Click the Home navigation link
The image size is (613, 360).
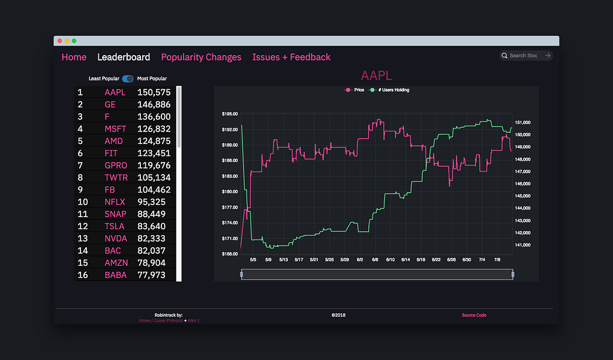(74, 57)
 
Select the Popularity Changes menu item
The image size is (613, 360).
(201, 57)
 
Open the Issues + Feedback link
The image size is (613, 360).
(291, 57)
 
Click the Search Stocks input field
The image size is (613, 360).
(524, 56)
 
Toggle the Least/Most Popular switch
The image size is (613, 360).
(128, 79)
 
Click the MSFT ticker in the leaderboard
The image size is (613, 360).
(115, 129)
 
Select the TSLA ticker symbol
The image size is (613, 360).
(115, 226)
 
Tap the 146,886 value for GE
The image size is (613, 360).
(154, 104)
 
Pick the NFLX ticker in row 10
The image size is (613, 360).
(115, 202)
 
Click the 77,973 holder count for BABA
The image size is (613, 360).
(154, 275)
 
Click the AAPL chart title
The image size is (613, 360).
(376, 76)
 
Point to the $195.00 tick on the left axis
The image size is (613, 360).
(230, 113)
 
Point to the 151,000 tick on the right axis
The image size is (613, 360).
(523, 122)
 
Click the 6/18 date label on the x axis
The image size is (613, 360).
(421, 260)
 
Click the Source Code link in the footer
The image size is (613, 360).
(474, 315)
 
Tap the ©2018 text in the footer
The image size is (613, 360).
(338, 315)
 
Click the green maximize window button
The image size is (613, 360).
(74, 41)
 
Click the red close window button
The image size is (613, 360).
(60, 41)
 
